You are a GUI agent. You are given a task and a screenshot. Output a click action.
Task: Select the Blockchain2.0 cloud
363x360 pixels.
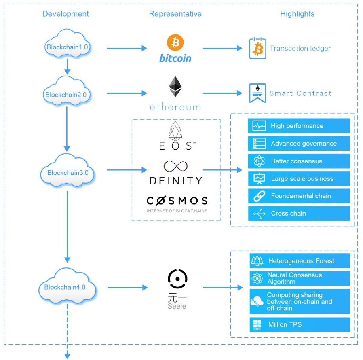coord(67,95)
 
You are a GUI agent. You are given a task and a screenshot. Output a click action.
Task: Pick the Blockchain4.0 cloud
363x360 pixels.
coord(67,287)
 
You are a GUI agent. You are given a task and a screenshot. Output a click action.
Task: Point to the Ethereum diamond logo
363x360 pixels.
coord(175,87)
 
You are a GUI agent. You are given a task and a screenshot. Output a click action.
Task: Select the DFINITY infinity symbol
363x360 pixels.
coord(175,166)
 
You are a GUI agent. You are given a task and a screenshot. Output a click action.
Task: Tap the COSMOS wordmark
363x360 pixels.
coord(177,201)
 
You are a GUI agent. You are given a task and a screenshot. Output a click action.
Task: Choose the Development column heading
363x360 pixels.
coord(65,14)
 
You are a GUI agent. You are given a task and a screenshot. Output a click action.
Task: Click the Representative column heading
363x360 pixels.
coord(175,14)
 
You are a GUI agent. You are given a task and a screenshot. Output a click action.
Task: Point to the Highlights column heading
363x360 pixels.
coord(297,14)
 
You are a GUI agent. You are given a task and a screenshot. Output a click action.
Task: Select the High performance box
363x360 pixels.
coord(299,126)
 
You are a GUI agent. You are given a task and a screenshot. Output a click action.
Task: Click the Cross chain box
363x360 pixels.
coord(299,213)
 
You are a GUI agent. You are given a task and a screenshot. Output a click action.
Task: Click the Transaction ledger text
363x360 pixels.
coord(300,49)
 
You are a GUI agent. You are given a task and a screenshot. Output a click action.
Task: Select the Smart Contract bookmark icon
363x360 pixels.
coord(257,93)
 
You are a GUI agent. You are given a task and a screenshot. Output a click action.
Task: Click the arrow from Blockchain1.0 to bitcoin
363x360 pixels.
coord(127,49)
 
